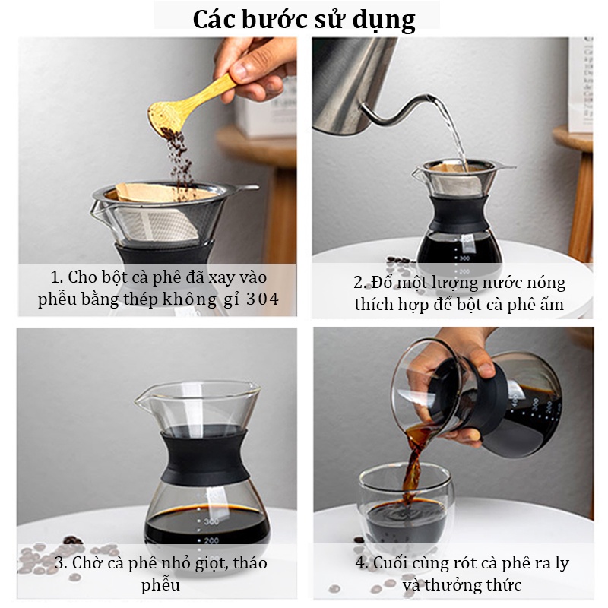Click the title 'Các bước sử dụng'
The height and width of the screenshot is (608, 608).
click(x=304, y=20)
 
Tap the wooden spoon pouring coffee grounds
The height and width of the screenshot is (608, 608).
click(x=190, y=104)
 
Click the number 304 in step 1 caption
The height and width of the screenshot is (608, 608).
click(x=262, y=299)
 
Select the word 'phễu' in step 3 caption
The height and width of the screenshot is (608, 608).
click(x=160, y=584)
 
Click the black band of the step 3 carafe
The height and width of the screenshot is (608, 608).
click(x=205, y=458)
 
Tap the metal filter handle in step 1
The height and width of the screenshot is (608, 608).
click(x=246, y=188)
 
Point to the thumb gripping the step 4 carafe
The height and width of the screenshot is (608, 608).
click(x=484, y=366)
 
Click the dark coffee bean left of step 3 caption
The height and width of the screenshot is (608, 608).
click(x=72, y=540)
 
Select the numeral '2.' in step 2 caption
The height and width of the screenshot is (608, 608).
click(x=359, y=283)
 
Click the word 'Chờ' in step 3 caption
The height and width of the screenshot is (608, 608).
click(x=87, y=563)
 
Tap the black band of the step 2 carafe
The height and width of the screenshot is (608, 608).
click(x=459, y=214)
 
